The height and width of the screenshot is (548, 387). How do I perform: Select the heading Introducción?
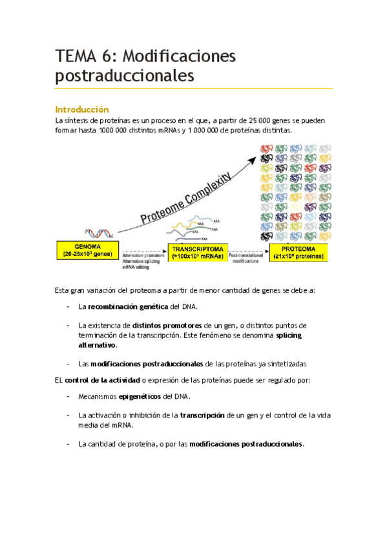point(82,109)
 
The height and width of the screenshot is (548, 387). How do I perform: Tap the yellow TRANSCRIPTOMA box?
point(198,251)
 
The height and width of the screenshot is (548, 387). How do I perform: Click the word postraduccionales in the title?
point(125,76)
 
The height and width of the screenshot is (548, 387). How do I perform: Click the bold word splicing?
point(289,335)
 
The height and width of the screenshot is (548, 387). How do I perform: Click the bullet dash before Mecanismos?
point(69,396)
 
